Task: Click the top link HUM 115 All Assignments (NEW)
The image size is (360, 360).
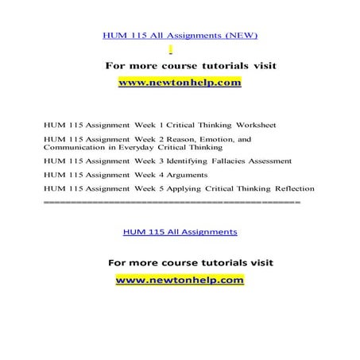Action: (180, 35)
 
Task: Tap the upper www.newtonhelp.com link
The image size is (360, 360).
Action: (179, 82)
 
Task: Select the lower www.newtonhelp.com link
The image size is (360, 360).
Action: (180, 280)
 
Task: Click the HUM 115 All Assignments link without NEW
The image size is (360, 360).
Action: (180, 232)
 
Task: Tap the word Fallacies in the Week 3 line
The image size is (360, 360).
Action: (225, 161)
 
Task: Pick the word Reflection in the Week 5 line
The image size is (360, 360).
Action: (289, 188)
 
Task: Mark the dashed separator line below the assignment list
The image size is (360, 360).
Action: (172, 203)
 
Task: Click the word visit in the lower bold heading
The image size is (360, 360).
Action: (257, 262)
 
